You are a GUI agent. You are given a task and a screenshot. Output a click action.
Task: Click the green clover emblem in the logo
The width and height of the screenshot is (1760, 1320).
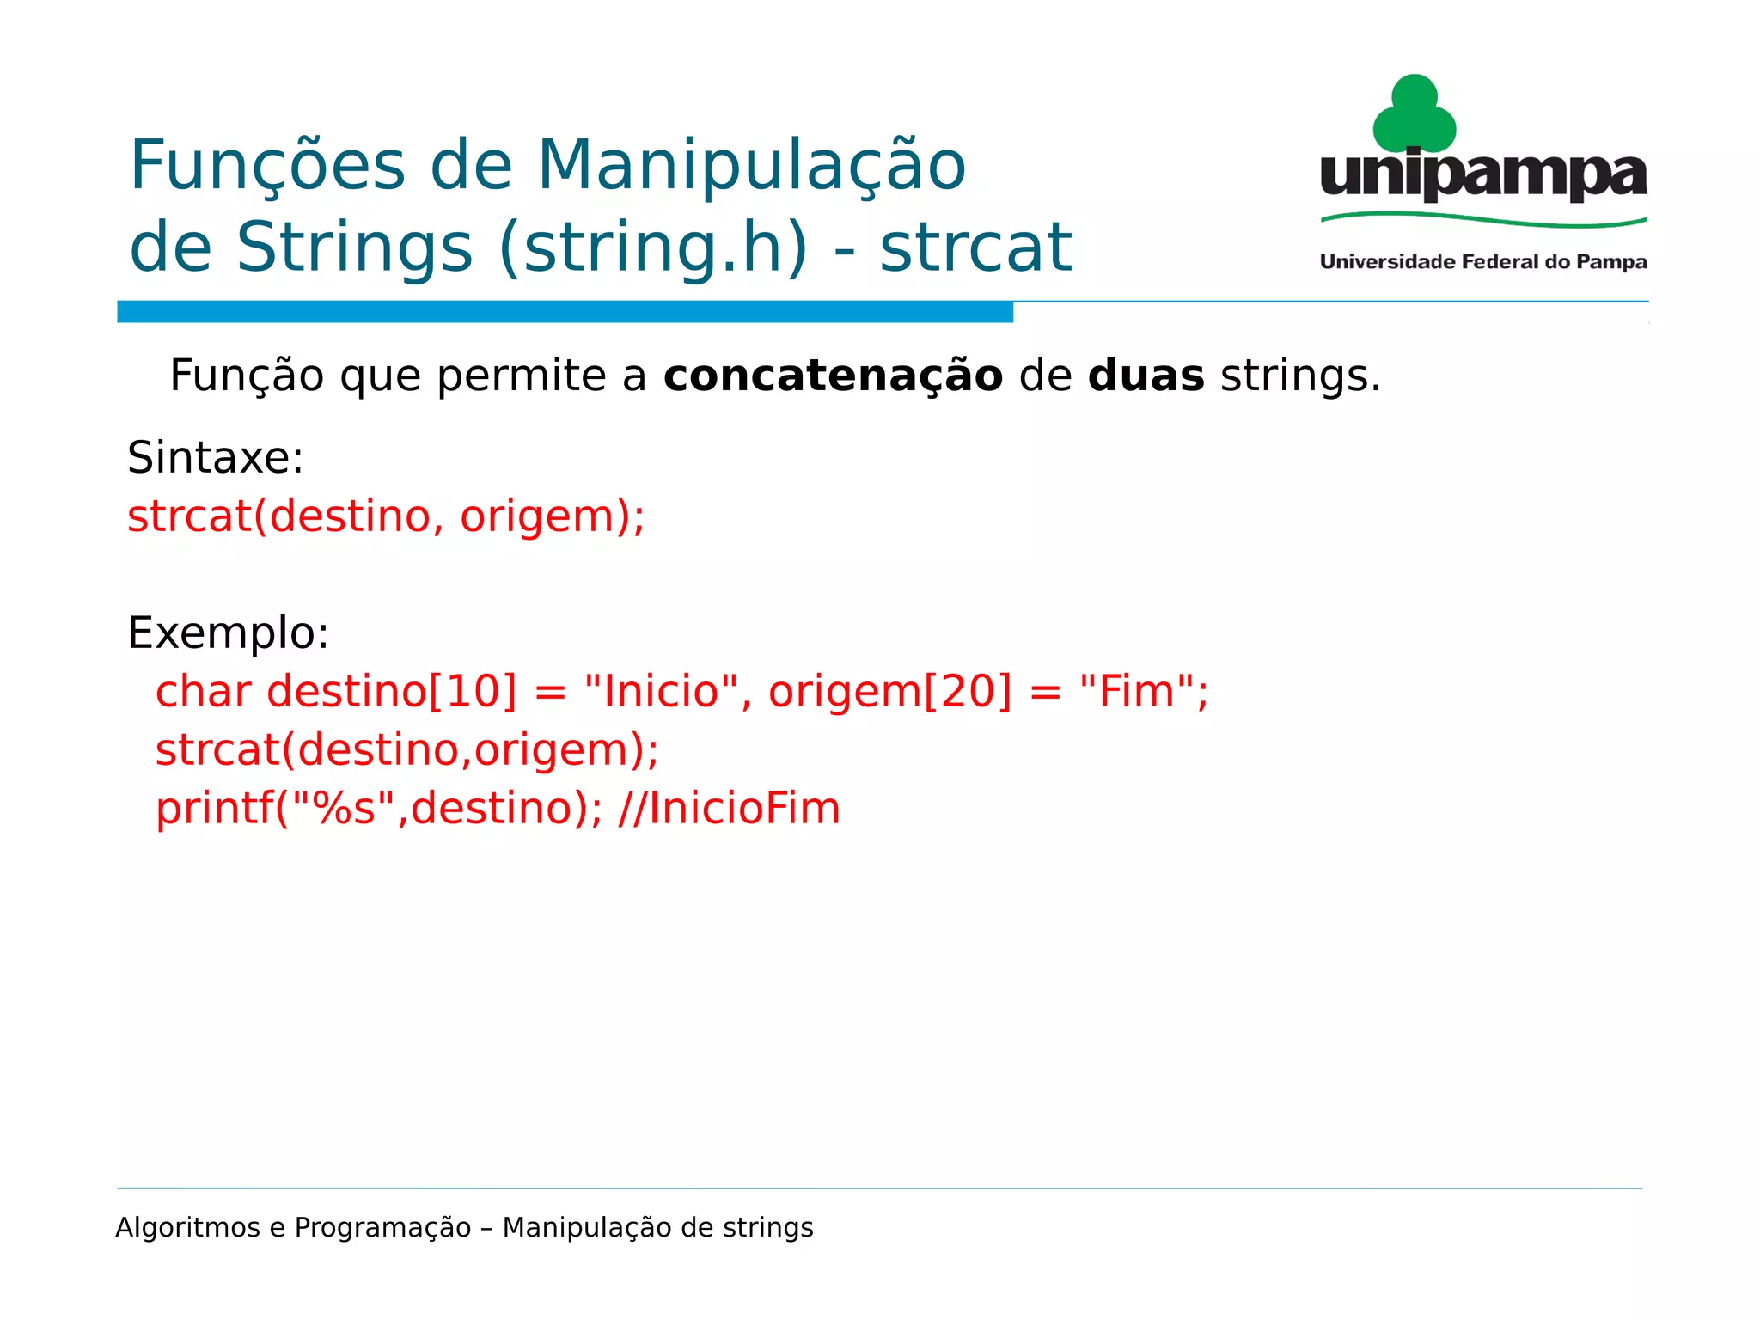(x=1414, y=115)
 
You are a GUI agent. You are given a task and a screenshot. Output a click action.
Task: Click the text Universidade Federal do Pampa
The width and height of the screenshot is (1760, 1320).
(x=1483, y=262)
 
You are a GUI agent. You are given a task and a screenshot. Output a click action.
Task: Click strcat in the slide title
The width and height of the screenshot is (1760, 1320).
(x=975, y=247)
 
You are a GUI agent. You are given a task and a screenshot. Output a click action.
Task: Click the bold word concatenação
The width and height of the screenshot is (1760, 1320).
(x=833, y=376)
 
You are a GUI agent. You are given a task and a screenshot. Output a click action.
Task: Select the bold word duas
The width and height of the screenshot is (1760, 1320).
(x=1146, y=376)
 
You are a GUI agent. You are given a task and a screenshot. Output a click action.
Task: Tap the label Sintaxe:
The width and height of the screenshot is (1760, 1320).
(x=215, y=457)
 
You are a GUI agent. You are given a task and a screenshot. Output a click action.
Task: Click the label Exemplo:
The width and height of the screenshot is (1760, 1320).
(x=228, y=633)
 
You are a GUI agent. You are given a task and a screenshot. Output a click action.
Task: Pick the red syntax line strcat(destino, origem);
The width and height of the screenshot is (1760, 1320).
(x=386, y=516)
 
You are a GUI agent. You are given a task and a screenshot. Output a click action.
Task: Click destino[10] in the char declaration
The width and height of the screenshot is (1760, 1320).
(x=392, y=692)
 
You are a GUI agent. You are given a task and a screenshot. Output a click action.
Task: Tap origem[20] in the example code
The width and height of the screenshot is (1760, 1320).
(x=890, y=692)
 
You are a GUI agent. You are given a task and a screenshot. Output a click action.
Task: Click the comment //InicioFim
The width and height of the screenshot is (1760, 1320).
(x=729, y=809)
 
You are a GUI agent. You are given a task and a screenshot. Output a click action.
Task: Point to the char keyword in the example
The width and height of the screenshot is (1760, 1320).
(x=203, y=692)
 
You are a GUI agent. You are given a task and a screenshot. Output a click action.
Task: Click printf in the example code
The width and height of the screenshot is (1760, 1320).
(x=215, y=809)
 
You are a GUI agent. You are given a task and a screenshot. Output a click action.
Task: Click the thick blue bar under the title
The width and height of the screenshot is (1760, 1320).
(x=565, y=312)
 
